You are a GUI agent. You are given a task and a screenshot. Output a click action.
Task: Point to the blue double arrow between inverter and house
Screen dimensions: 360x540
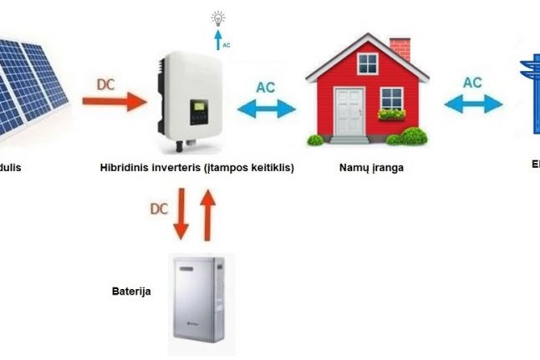click(267, 108)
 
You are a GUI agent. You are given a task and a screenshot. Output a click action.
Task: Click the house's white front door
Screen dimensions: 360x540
click(347, 111)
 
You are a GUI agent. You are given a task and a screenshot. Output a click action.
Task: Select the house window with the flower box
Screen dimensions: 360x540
click(391, 102)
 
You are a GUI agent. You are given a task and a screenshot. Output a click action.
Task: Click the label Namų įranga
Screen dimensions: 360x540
click(371, 167)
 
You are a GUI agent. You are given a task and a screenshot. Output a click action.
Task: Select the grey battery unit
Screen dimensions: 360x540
click(201, 305)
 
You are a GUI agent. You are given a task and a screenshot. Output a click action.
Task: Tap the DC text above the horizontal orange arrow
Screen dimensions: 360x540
click(106, 84)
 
